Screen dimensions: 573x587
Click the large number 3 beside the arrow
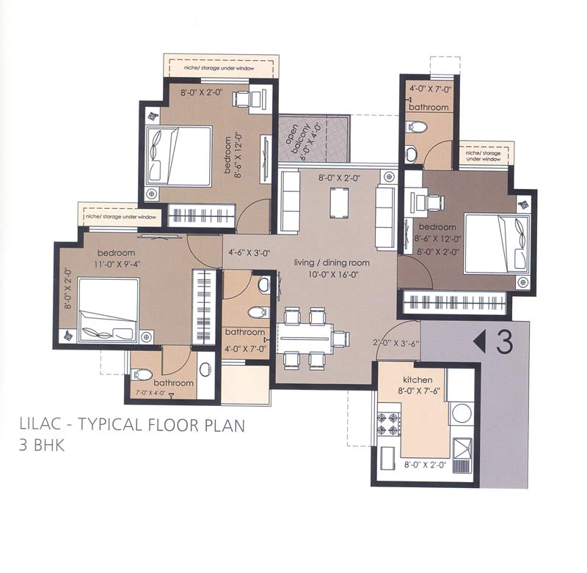pyautogui.click(x=504, y=341)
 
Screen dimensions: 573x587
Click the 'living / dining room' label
pyautogui.click(x=332, y=262)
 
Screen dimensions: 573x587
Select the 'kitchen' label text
pyautogui.click(x=418, y=380)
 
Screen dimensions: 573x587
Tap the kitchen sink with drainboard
pyautogui.click(x=462, y=448)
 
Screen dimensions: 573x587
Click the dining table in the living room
pyautogui.click(x=307, y=339)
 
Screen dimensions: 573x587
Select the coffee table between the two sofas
pyautogui.click(x=338, y=202)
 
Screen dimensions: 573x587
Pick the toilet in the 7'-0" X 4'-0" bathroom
pyautogui.click(x=143, y=374)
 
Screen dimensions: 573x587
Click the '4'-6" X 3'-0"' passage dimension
pyautogui.click(x=247, y=254)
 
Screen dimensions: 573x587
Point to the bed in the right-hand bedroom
pyautogui.click(x=497, y=242)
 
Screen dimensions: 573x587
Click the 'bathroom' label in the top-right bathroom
pyautogui.click(x=429, y=107)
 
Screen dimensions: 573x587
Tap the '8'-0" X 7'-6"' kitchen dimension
pyautogui.click(x=418, y=392)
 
